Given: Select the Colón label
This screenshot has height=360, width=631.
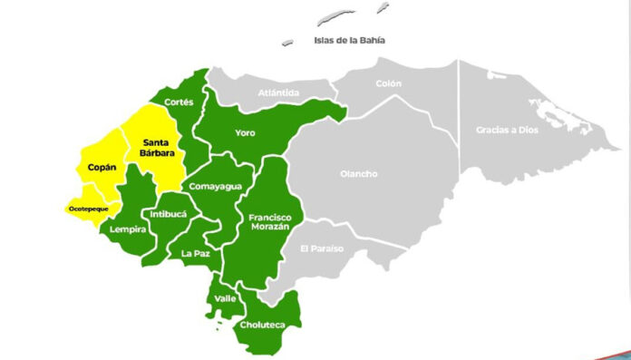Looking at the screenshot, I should [388, 83].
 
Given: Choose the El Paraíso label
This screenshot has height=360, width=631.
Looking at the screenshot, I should [322, 248].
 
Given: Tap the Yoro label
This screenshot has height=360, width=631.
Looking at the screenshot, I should [245, 132].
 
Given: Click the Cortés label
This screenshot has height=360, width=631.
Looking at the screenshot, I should [179, 103].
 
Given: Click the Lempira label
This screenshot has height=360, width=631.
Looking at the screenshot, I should [128, 229].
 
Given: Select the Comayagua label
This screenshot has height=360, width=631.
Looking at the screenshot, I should [214, 186].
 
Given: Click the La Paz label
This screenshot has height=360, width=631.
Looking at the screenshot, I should [195, 253].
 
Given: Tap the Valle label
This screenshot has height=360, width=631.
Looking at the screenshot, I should [225, 297].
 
